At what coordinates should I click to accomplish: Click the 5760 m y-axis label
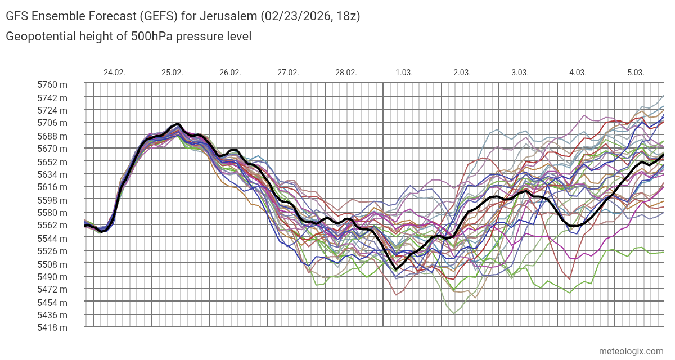pyautogui.click(x=52, y=85)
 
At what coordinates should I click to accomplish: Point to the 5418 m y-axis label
pyautogui.click(x=52, y=328)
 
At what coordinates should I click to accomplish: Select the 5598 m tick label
pyautogui.click(x=52, y=200)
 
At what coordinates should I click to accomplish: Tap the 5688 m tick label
pyautogui.click(x=52, y=136)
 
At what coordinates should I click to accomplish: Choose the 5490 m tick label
pyautogui.click(x=52, y=277)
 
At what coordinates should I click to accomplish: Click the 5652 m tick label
pyautogui.click(x=52, y=161)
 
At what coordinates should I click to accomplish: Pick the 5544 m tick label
pyautogui.click(x=52, y=238)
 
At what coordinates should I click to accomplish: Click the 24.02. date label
pyautogui.click(x=114, y=73)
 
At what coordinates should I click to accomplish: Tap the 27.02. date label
pyautogui.click(x=288, y=73)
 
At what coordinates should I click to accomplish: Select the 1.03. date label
pyautogui.click(x=404, y=73)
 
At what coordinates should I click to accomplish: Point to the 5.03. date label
pyautogui.click(x=636, y=73)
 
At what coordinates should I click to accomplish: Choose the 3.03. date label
pyautogui.click(x=520, y=73)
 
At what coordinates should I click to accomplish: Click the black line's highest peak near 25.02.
pyautogui.click(x=178, y=124)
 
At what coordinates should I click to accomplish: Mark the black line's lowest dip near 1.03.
pyautogui.click(x=396, y=269)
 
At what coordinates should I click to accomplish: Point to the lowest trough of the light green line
pyautogui.click(x=453, y=313)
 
